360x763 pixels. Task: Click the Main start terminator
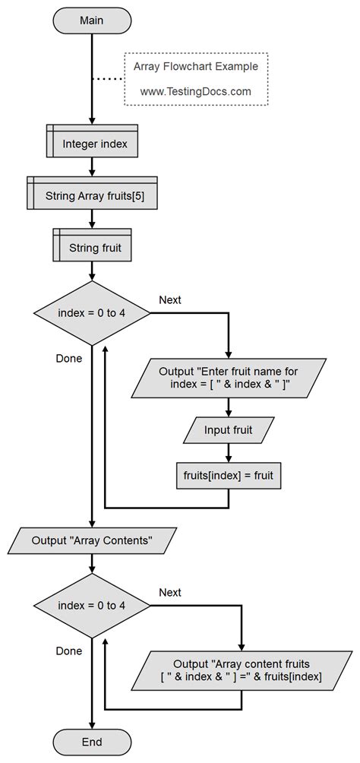pyautogui.click(x=91, y=21)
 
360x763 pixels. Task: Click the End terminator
pyautogui.click(x=91, y=741)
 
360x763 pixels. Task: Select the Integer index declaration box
pyautogui.click(x=91, y=142)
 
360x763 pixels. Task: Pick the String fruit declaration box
pyautogui.click(x=91, y=247)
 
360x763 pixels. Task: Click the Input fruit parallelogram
pyautogui.click(x=229, y=430)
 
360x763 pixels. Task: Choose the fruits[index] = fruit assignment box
pyautogui.click(x=229, y=476)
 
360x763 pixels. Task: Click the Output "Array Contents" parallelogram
pyautogui.click(x=91, y=540)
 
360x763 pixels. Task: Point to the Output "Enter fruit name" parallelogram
pyautogui.click(x=229, y=378)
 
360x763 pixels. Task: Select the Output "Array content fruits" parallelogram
pyautogui.click(x=242, y=670)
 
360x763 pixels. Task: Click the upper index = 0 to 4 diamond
pyautogui.click(x=91, y=313)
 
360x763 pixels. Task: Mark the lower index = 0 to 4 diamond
pyautogui.click(x=91, y=605)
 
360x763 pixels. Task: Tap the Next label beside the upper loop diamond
pyautogui.click(x=170, y=299)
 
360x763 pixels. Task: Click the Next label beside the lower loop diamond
pyautogui.click(x=170, y=592)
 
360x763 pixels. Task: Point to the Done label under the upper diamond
pyautogui.click(x=69, y=358)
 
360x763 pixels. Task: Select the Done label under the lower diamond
pyautogui.click(x=69, y=651)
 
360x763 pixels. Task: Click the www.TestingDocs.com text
pyautogui.click(x=195, y=90)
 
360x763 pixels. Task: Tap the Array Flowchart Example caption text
pyautogui.click(x=195, y=66)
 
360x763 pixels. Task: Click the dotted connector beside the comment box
pyautogui.click(x=107, y=78)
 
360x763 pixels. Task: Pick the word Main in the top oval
pyautogui.click(x=91, y=21)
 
